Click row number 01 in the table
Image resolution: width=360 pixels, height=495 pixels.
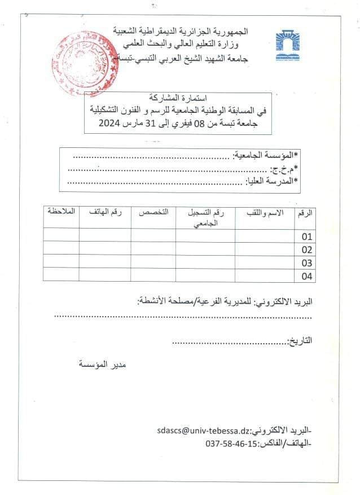pyautogui.click(x=307, y=236)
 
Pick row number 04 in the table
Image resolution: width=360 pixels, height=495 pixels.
pyautogui.click(x=307, y=276)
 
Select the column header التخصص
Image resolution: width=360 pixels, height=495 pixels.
pyautogui.click(x=154, y=212)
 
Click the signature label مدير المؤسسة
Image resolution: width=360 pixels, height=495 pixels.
pyautogui.click(x=102, y=365)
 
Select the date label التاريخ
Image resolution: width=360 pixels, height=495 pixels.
pyautogui.click(x=300, y=341)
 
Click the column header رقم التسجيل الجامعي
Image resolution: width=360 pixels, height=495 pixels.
pyautogui.click(x=205, y=217)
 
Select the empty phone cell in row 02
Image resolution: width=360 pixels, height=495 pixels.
pyautogui.click(x=105, y=248)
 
